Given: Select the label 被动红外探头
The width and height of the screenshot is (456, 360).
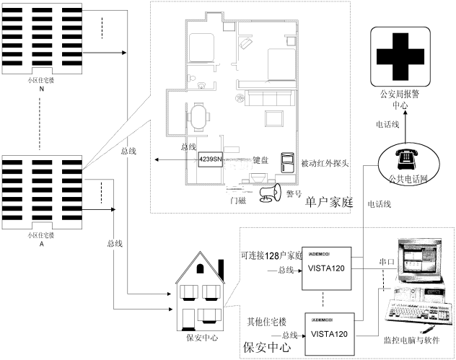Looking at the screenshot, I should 325,162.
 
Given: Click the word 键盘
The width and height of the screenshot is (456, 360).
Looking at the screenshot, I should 260,162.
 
